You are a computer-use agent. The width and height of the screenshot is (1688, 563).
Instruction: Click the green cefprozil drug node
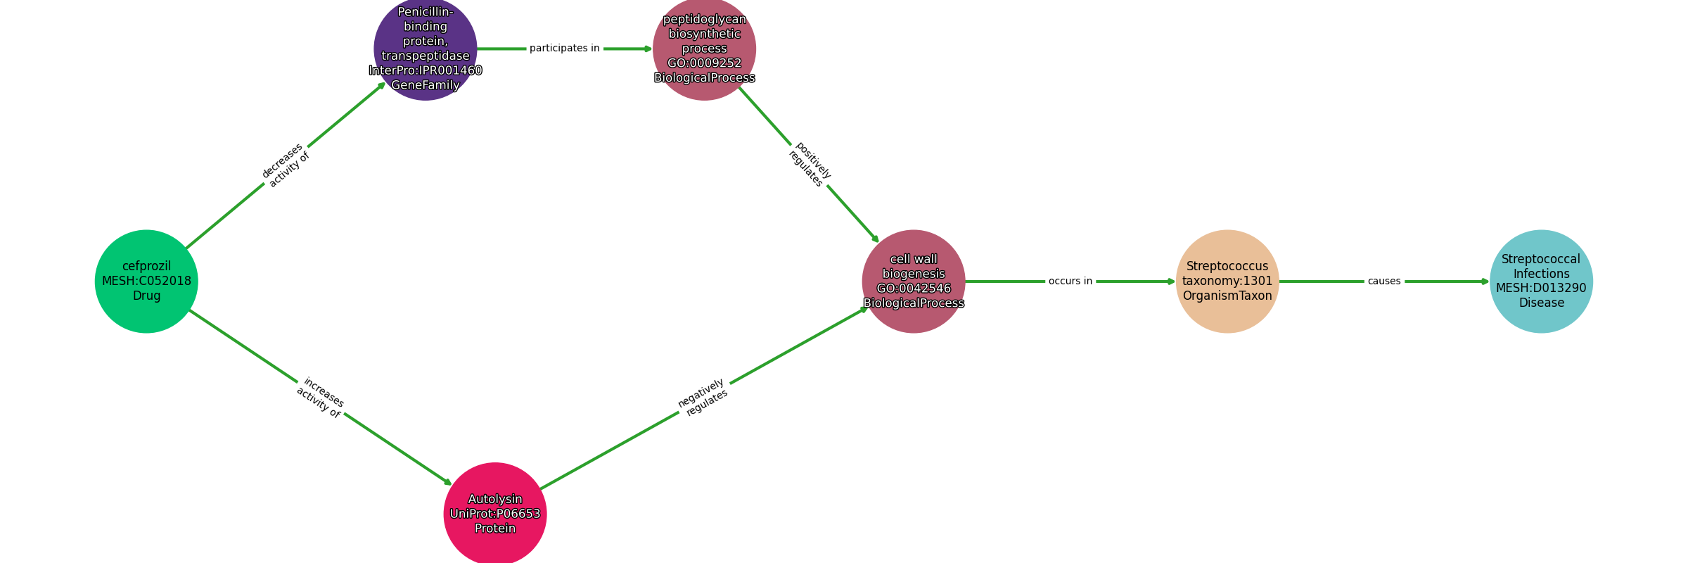pyautogui.click(x=146, y=281)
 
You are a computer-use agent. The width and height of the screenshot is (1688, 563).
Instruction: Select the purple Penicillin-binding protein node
pyautogui.click(x=426, y=49)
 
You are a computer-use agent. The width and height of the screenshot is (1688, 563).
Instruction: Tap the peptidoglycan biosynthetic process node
pyautogui.click(x=704, y=49)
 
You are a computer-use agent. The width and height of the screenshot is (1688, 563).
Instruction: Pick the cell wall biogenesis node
pyautogui.click(x=914, y=281)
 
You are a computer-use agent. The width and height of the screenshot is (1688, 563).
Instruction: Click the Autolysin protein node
pyautogui.click(x=495, y=514)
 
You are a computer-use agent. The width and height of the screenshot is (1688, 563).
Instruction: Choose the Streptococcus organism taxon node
pyautogui.click(x=1227, y=281)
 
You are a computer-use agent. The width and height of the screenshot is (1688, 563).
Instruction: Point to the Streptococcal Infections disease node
pyautogui.click(x=1541, y=281)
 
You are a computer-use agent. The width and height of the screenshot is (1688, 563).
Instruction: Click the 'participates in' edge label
pyautogui.click(x=565, y=49)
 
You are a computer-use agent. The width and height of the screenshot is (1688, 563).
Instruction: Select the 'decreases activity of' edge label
pyautogui.click(x=286, y=165)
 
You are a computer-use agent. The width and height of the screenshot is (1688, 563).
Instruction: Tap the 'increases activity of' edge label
pyautogui.click(x=321, y=398)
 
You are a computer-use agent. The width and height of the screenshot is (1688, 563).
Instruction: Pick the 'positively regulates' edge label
pyautogui.click(x=810, y=165)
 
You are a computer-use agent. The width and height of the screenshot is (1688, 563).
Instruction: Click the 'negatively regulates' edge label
pyautogui.click(x=703, y=398)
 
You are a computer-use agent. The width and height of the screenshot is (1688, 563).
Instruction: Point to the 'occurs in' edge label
pyautogui.click(x=1070, y=281)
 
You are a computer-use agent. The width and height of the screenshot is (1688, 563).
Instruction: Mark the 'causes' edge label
pyautogui.click(x=1384, y=281)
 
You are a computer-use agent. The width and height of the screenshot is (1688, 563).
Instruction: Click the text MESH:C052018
pyautogui.click(x=146, y=281)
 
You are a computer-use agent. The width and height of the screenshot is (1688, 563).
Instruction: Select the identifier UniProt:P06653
pyautogui.click(x=495, y=514)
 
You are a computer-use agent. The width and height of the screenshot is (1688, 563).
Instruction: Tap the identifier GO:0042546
pyautogui.click(x=914, y=289)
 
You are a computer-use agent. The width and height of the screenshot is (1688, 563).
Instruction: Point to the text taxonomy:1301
pyautogui.click(x=1227, y=281)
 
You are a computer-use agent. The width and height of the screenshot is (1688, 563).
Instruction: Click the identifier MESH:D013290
pyautogui.click(x=1541, y=289)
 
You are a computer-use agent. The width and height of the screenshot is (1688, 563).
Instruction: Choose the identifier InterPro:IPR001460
pyautogui.click(x=426, y=70)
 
